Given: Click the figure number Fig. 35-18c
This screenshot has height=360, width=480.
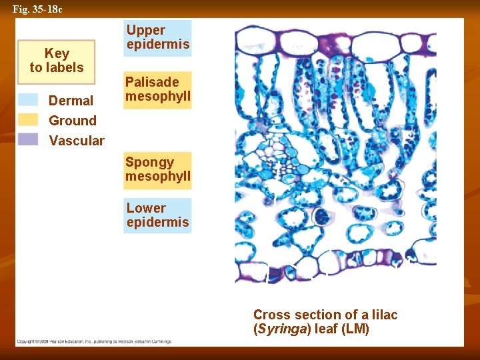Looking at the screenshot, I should (x=37, y=9).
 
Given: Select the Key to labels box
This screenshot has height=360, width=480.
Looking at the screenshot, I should (x=57, y=61).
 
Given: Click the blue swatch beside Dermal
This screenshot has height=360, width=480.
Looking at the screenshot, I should (x=28, y=100).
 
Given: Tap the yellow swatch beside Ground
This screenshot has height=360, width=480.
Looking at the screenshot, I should (x=28, y=120).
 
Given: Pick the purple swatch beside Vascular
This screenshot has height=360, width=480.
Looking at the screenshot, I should (x=28, y=140).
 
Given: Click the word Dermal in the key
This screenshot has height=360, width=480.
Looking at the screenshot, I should (x=71, y=101).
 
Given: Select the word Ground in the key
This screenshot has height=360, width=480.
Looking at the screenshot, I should (x=73, y=121).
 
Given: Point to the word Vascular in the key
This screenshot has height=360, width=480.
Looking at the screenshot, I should (x=77, y=141).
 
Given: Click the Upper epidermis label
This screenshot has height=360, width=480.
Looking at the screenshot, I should (x=158, y=37).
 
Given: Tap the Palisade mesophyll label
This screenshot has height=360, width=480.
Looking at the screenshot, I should (x=157, y=89).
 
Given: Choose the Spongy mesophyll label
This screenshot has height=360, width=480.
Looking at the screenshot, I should (x=157, y=169).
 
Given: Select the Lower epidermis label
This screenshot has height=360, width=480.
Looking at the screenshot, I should (x=157, y=215).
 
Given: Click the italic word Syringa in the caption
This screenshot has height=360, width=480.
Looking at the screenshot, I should (x=279, y=329).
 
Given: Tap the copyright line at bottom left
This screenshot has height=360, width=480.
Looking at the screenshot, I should (x=93, y=341).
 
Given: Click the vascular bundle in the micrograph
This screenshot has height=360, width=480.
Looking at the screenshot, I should (x=283, y=157).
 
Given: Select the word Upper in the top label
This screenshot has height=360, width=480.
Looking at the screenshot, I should (x=145, y=30).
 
